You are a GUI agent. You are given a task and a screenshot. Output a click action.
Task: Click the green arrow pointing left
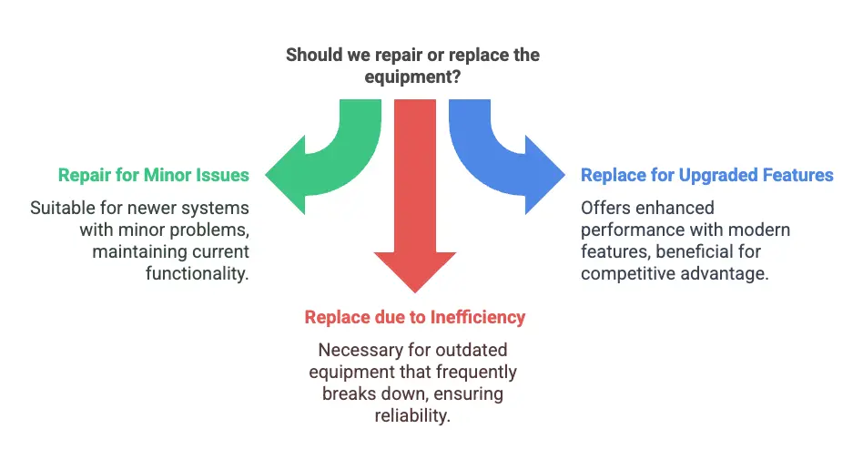310,169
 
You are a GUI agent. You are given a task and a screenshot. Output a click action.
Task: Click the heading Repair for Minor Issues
153,175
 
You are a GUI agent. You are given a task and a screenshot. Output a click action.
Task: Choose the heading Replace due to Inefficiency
414,317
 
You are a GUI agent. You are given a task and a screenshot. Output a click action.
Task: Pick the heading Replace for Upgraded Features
706,175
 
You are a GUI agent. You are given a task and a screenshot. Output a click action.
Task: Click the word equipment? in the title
411,77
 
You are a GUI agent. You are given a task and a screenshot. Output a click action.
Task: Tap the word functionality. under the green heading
197,273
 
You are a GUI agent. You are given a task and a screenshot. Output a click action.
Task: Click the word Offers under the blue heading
605,208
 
